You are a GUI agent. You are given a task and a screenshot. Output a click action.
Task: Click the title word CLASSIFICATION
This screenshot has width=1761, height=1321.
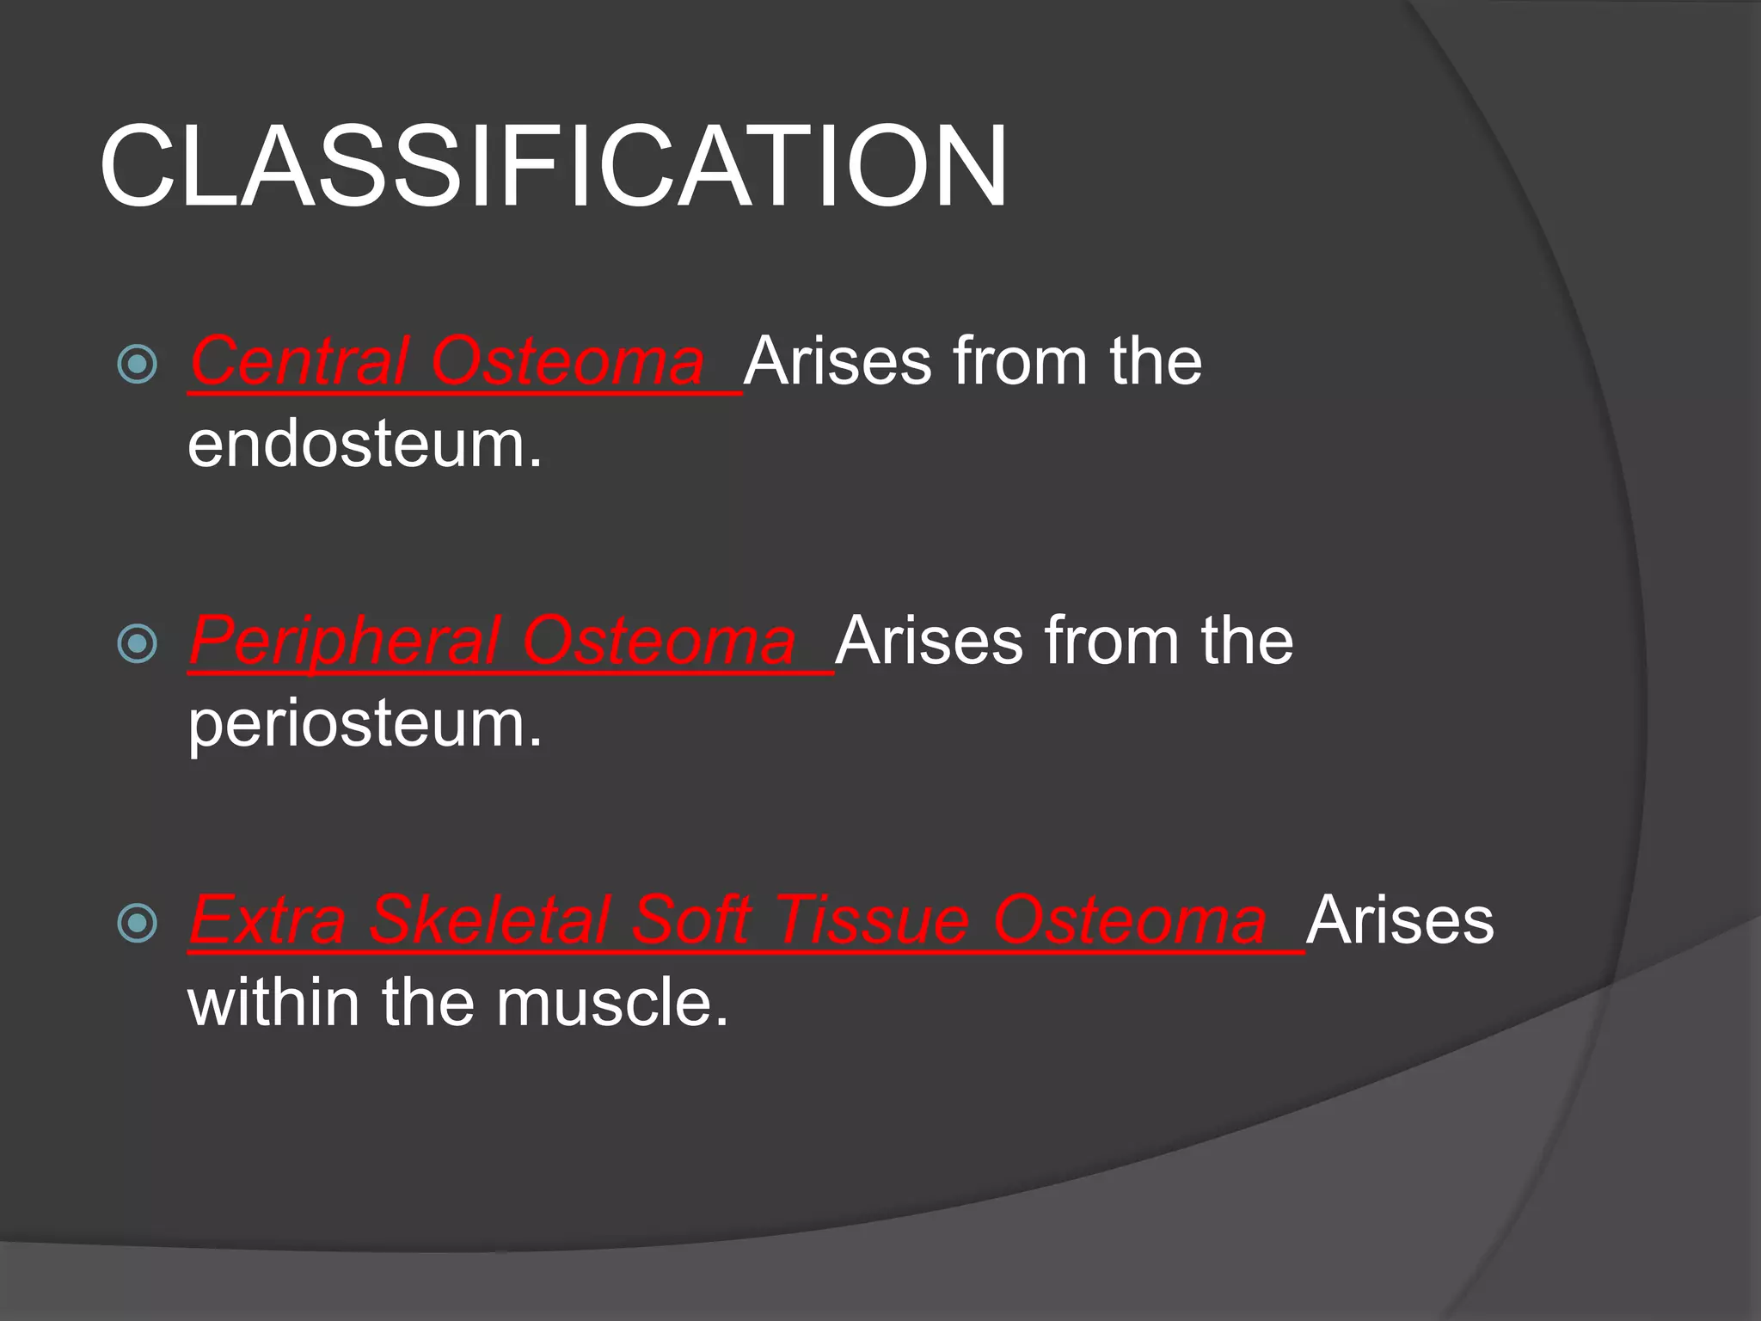[x=553, y=165]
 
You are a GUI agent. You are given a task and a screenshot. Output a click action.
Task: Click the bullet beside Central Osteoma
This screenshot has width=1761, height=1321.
[x=137, y=363]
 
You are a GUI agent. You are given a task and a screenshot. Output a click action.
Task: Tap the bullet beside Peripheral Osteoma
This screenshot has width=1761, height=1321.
[x=137, y=643]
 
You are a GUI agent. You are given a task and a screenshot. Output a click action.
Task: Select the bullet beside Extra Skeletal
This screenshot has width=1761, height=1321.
[x=137, y=923]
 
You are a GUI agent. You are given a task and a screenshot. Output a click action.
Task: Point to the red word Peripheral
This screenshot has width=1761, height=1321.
[x=344, y=642]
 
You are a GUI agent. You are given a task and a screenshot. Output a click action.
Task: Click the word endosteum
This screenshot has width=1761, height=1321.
[x=365, y=445]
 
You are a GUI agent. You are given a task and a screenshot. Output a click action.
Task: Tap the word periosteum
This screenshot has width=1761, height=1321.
[x=365, y=724]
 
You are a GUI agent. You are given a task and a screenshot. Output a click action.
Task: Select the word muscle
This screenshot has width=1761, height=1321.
[x=612, y=1004]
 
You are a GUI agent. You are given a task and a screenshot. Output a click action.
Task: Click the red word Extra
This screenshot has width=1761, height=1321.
[x=268, y=921]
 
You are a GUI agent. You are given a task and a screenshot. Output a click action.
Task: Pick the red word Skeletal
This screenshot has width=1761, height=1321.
[x=488, y=921]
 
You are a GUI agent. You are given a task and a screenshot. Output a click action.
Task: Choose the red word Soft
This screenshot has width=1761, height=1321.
[x=692, y=921]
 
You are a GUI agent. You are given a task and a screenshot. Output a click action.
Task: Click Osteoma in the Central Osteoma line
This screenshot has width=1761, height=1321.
[x=568, y=361]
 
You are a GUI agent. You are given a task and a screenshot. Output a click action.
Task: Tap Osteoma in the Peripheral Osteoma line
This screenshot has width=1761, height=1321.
[x=660, y=642]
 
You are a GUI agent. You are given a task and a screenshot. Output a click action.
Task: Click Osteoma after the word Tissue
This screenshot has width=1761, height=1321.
[x=1131, y=921]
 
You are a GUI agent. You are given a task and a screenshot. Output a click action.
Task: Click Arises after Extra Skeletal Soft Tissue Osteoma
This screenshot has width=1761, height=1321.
[x=1400, y=921]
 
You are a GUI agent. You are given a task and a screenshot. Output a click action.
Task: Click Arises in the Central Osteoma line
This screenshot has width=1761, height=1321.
[x=838, y=361]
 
